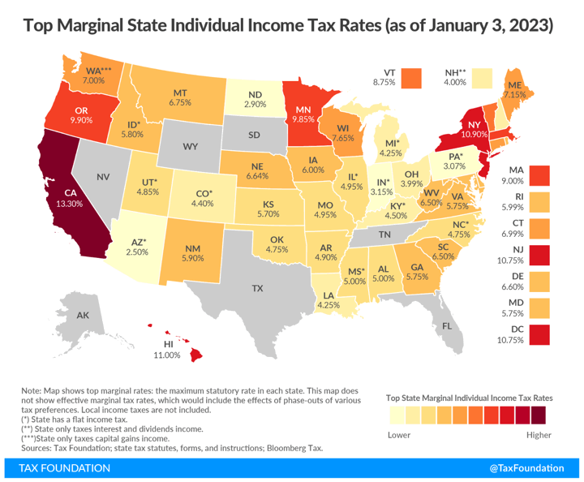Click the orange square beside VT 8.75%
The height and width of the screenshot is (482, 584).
[x=414, y=76]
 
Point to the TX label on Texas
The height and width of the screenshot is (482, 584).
[x=257, y=289]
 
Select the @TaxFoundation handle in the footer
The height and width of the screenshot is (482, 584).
[x=528, y=468]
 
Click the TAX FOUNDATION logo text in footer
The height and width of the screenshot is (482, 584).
[x=64, y=468]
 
